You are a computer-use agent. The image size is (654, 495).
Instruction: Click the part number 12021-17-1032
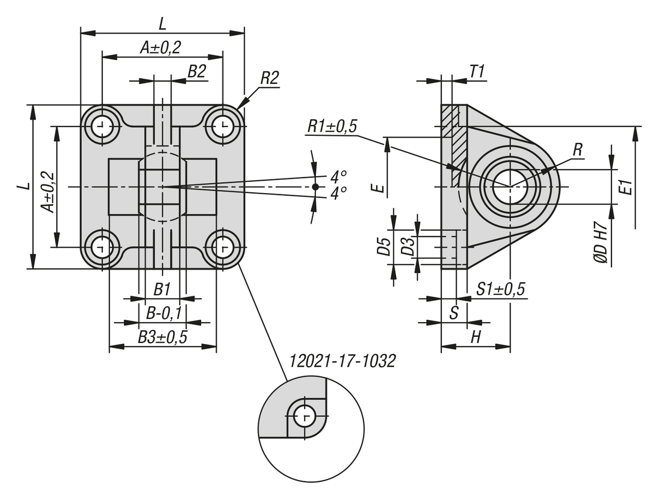tap(342, 361)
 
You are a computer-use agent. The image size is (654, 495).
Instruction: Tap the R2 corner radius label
tap(269, 78)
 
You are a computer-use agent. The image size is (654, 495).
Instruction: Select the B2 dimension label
tap(197, 71)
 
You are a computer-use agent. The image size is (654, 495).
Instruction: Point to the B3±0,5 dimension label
tap(162, 337)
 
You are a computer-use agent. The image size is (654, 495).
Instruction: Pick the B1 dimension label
tap(162, 289)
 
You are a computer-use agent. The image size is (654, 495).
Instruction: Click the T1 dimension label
tap(477, 71)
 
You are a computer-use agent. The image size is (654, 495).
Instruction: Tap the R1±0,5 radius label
tap(332, 126)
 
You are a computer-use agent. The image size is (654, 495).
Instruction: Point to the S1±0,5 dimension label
tap(500, 289)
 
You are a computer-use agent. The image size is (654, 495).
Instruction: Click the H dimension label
tap(476, 337)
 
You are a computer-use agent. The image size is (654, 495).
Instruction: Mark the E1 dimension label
tap(627, 187)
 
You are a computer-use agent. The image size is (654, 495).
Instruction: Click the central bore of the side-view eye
tap(510, 186)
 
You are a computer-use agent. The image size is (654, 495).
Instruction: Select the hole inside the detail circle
tap(304, 418)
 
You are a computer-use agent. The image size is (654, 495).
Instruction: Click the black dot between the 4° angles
tap(315, 187)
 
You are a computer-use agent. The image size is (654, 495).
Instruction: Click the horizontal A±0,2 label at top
tap(160, 48)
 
